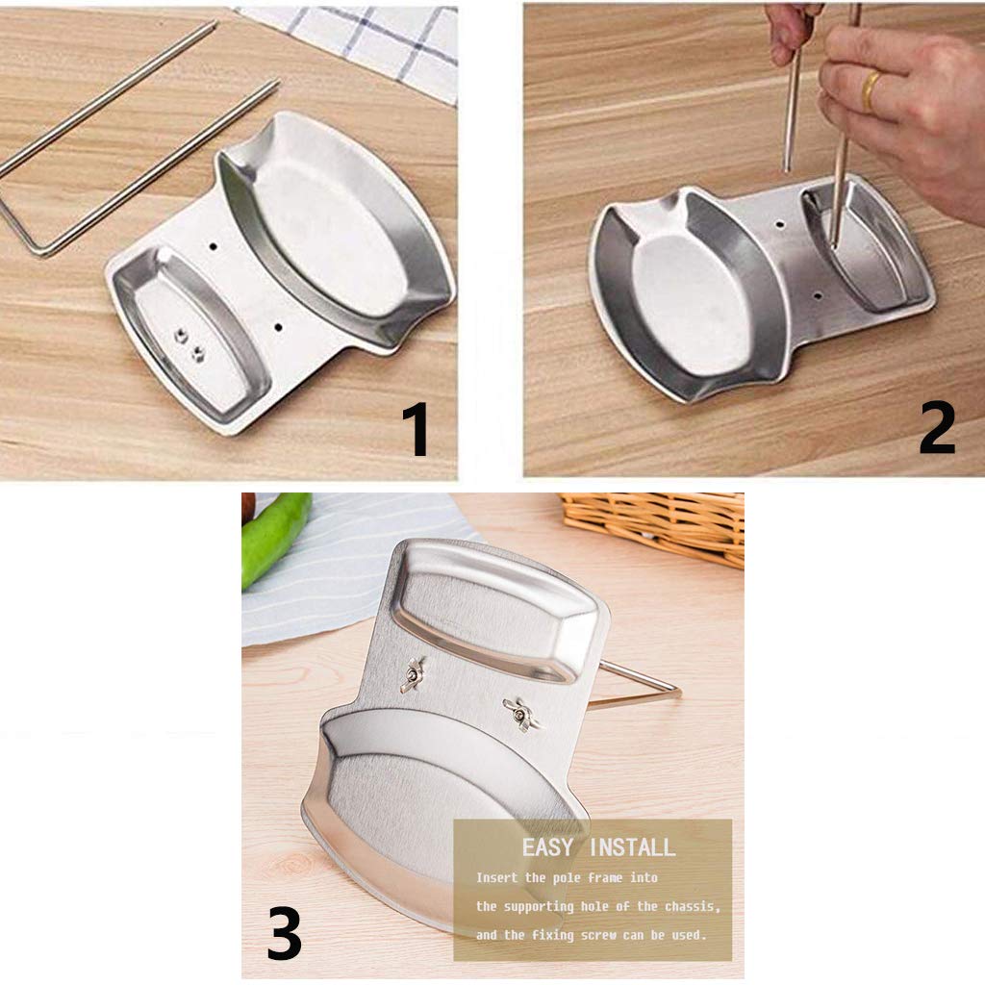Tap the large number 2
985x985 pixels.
click(x=937, y=428)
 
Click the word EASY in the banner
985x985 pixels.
click(x=547, y=847)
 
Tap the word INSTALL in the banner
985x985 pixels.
click(x=633, y=847)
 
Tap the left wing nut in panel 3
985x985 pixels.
click(x=412, y=675)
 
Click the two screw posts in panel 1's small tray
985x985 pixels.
click(x=189, y=344)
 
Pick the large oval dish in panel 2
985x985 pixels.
click(x=689, y=295)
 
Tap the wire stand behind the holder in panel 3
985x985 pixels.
click(x=635, y=687)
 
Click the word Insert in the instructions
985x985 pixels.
click(x=496, y=877)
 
